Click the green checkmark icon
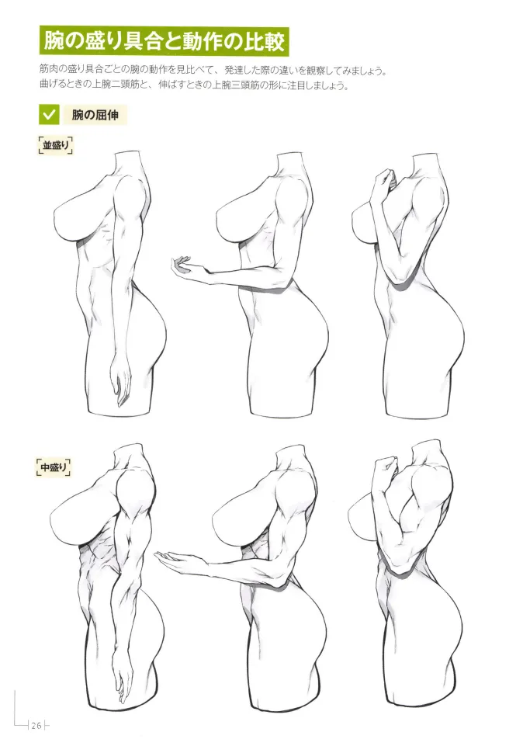49,116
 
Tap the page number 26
36,726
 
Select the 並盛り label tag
55,144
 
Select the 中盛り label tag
54,467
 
